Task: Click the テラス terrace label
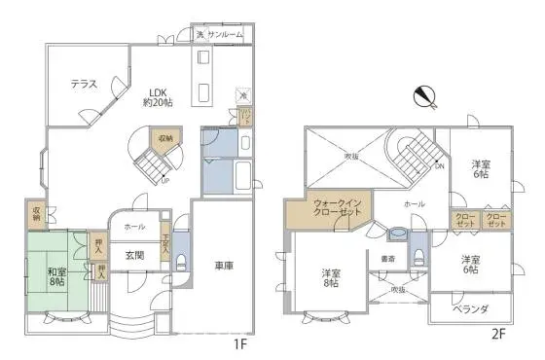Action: click(83, 85)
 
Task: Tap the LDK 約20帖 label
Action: click(158, 98)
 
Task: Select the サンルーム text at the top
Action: click(225, 34)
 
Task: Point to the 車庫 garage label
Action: click(222, 265)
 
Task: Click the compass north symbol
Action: click(424, 97)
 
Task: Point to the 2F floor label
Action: click(498, 334)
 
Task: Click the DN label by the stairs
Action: click(439, 165)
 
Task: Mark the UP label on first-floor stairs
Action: click(164, 180)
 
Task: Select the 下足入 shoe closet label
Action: click(166, 241)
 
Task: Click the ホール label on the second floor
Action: click(414, 204)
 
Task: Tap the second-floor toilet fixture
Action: click(418, 256)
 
